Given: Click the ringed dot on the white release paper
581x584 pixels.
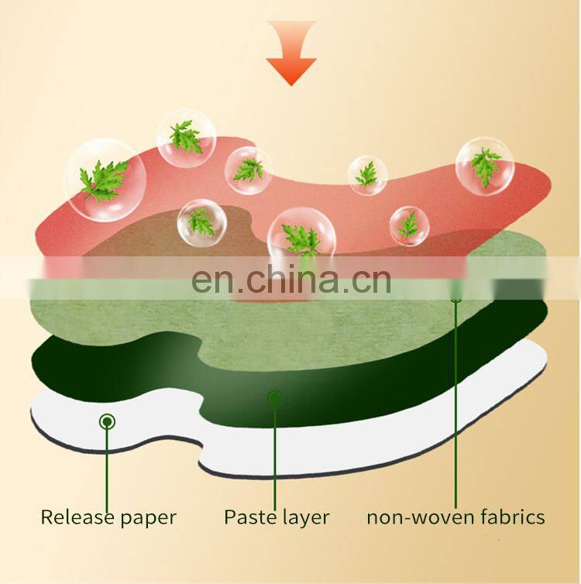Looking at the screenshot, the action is (107, 421).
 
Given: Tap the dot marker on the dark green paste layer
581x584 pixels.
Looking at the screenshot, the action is (274, 398).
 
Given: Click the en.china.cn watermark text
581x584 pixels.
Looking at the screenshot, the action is (291, 280).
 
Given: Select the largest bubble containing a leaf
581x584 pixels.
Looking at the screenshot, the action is (105, 180).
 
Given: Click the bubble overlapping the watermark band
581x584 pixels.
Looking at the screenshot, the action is (301, 235).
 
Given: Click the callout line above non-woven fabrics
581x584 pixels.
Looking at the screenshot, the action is (456, 403).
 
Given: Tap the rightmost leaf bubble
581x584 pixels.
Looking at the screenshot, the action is (485, 167).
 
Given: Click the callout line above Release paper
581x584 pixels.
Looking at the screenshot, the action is (107, 465).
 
